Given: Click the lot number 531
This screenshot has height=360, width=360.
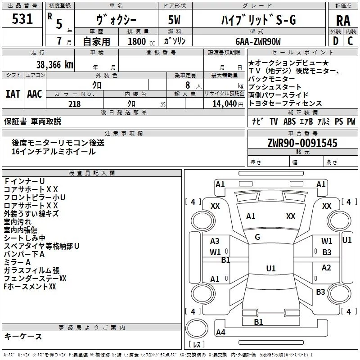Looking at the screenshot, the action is (22, 19).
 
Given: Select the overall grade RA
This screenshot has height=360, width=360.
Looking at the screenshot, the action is (343, 21).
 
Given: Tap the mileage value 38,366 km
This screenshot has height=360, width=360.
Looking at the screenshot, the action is (55, 65).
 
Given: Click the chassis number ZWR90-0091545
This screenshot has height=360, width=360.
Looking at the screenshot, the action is (302, 143).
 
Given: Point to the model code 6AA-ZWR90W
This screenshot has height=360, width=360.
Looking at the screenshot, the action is (258, 41).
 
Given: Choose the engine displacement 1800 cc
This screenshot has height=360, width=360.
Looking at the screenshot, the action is (141, 41).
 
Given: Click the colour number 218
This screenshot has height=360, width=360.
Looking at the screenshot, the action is (74, 104).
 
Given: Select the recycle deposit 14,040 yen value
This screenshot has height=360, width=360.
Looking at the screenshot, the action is (228, 104).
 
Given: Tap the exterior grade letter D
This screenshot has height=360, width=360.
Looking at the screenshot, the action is (336, 41).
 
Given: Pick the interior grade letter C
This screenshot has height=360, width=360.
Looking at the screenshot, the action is (350, 41).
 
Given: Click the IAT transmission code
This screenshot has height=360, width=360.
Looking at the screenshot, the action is (13, 94).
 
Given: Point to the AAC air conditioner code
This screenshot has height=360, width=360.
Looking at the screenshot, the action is (35, 94).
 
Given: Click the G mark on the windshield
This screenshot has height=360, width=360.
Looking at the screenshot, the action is (257, 237).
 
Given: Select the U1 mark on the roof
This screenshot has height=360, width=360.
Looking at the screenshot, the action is (271, 268).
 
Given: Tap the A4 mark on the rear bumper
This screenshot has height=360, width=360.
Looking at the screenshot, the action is (220, 332).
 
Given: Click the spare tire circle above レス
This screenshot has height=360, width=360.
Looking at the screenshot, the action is (197, 328).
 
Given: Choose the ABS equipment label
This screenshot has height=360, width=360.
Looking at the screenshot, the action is (289, 121).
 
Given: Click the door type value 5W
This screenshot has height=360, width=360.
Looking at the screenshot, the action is (174, 20).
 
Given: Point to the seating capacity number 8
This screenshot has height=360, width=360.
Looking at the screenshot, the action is (188, 85).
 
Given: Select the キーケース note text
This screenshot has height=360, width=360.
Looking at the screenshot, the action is (23, 336).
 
